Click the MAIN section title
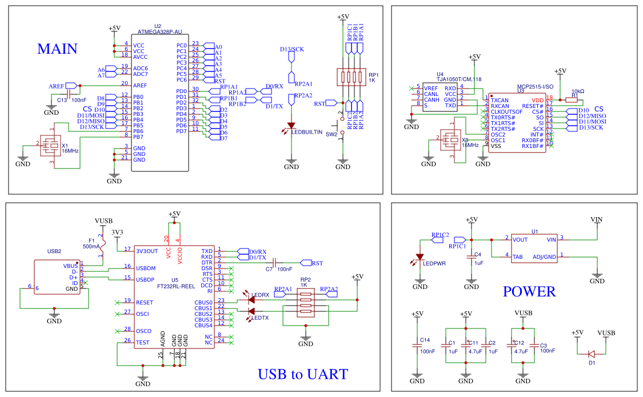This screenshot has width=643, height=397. coord(57,49)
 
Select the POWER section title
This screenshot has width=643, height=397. coord(529,292)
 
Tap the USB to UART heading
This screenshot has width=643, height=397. coord(302,375)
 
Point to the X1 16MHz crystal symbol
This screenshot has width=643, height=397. coord(51,145)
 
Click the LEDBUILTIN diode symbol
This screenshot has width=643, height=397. coord(291,125)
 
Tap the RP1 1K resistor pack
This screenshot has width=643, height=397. coord(351,77)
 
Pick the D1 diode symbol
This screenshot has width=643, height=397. coord(592,354)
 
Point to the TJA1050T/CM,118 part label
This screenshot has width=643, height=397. coord(459,79)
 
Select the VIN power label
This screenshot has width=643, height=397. coord(596,219)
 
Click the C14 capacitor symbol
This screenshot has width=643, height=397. coord(417,346)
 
